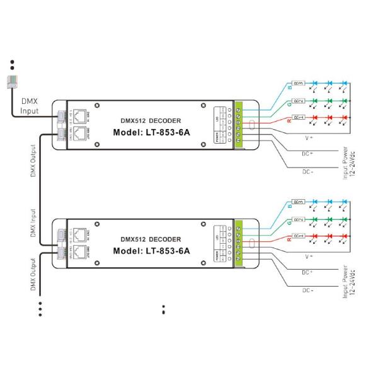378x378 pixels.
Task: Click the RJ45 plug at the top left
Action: pyautogui.click(x=13, y=80)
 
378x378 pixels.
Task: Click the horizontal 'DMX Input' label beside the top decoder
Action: pyautogui.click(x=29, y=105)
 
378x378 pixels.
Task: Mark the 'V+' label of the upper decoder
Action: pyautogui.click(x=309, y=136)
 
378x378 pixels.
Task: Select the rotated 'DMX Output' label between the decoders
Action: pyautogui.click(x=33, y=161)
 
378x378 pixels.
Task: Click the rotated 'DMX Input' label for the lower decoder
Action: pyautogui.click(x=33, y=222)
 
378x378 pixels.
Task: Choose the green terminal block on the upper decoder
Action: pyautogui.click(x=239, y=124)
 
